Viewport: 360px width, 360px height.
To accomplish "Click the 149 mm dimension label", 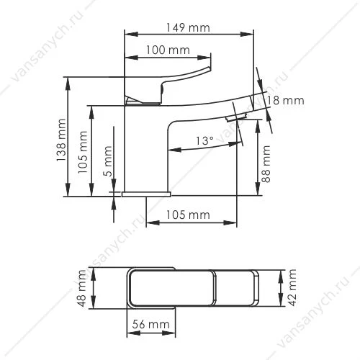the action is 188,27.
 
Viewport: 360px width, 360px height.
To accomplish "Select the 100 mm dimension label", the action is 168,50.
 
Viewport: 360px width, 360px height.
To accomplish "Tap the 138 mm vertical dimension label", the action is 61,140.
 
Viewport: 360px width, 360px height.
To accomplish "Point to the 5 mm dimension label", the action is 108,161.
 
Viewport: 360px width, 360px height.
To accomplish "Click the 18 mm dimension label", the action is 285,100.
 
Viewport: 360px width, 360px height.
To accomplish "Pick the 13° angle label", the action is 204,140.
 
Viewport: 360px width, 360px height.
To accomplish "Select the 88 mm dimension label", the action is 266,163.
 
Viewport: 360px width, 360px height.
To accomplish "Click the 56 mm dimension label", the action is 151,324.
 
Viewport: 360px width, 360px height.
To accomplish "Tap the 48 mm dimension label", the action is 82,288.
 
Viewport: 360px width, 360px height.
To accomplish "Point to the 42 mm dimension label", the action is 292,287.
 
